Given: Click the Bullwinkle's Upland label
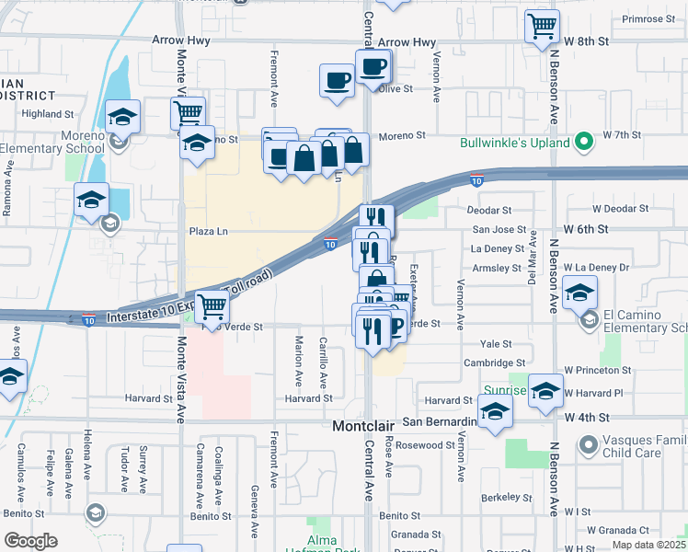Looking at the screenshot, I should pos(515,143).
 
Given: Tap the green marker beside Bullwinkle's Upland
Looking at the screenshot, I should pos(582,143).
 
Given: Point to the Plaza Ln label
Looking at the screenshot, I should pos(208,232).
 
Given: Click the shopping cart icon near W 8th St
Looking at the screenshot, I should pos(542,27).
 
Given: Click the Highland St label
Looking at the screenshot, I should pos(48,114).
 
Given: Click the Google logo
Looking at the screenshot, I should pos(30,541).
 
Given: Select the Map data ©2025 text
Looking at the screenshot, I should pos(648,545).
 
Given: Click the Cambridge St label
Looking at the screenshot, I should pos(494,363).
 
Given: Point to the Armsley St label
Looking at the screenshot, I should pos(496,268).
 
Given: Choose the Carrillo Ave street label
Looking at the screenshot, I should pos(324,363).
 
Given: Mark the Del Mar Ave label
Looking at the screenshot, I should pos(532,263).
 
